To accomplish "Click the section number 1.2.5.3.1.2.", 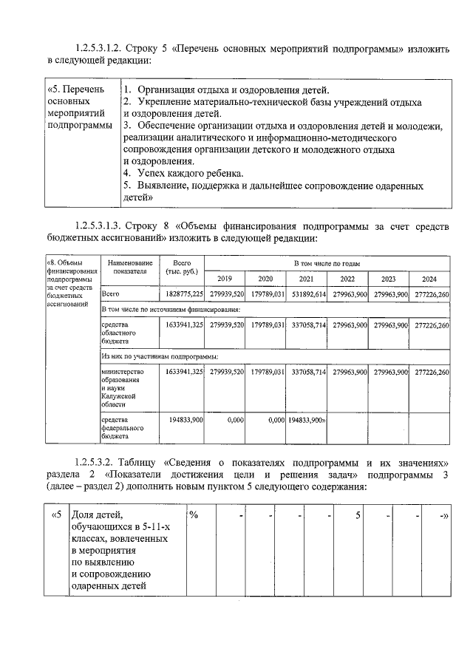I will coord(101,49).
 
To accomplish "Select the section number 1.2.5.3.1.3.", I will coord(101,224).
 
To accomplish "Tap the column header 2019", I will coord(225,279).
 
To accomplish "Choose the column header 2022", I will coord(347,279).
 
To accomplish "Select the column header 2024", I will coord(429,279).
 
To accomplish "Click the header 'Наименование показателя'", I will coord(130,267).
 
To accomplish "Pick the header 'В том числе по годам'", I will coord(327,262).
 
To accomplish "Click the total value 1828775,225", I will coord(184,294).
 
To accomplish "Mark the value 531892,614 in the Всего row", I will coord(306,294).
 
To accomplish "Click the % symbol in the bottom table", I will coord(193,515).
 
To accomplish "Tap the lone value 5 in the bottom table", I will coord(358,515).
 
